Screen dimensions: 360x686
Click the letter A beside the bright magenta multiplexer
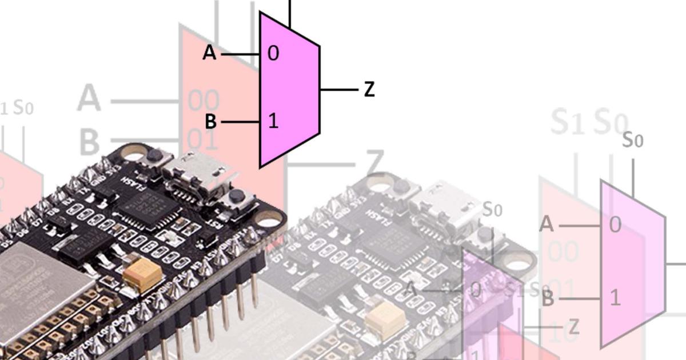210,53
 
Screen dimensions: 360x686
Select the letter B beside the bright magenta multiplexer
210,122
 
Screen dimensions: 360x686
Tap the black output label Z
369,90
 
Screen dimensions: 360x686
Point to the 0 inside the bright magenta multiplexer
273,54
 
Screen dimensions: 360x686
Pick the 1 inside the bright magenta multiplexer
273,121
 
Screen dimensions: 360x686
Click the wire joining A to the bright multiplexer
240,54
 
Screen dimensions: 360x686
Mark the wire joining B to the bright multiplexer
240,122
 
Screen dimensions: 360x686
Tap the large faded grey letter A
89,98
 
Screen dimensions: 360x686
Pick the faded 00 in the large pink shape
204,102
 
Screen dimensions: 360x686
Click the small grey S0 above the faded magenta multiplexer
633,140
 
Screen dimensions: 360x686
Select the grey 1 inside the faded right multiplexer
615,298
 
